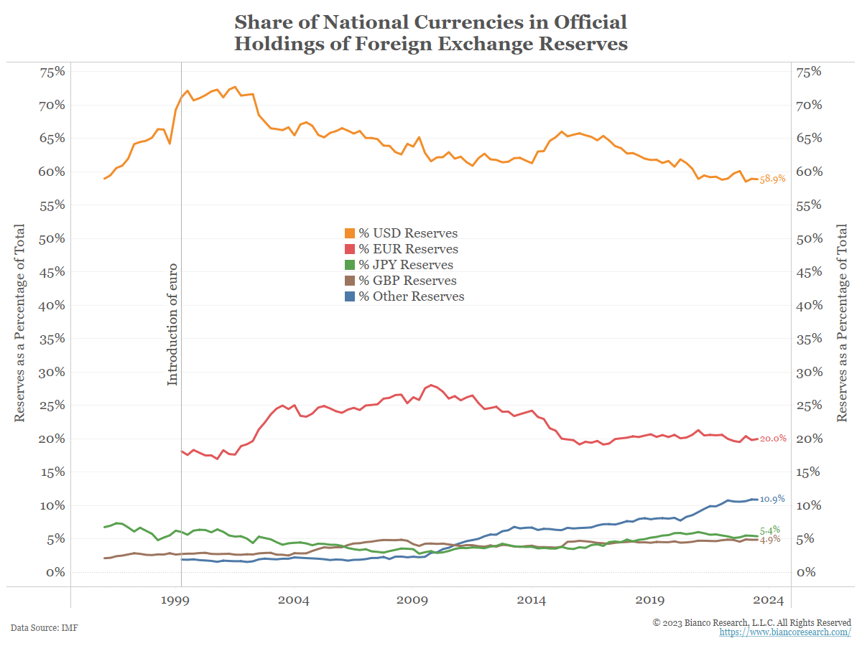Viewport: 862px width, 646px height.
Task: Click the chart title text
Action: click(431, 32)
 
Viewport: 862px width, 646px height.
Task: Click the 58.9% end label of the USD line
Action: click(772, 179)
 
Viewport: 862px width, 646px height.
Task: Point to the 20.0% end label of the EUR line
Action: click(773, 439)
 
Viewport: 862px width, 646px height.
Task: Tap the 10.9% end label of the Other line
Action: click(772, 499)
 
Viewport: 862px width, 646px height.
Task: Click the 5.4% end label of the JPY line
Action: click(770, 530)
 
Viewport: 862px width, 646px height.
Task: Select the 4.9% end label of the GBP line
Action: click(770, 540)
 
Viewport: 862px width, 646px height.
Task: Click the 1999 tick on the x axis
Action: click(180, 600)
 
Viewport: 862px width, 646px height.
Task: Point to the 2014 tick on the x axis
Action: click(532, 600)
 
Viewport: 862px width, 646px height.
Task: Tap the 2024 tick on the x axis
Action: click(767, 600)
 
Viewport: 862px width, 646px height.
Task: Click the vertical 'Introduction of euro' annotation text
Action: click(172, 324)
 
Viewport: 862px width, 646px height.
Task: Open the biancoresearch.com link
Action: click(785, 632)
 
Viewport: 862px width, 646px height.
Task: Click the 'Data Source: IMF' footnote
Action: click(45, 628)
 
